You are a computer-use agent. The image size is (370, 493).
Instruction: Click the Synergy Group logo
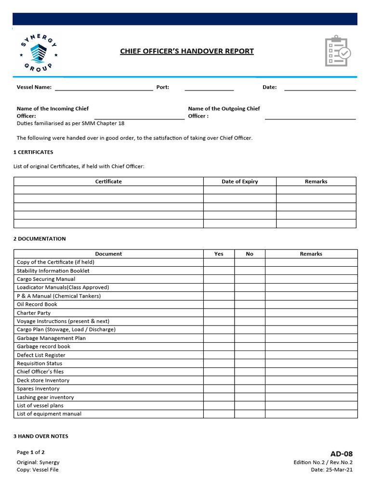38,52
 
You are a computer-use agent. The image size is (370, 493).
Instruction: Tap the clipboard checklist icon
338,51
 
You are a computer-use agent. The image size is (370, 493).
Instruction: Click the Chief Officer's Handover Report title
186,51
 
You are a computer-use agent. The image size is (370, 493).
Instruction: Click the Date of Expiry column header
239,182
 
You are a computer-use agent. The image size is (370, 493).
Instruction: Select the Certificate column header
108,182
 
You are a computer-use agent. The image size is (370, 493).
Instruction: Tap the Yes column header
219,254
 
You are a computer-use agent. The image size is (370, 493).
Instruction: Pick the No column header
249,254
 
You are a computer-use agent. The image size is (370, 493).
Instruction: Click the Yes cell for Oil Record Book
219,304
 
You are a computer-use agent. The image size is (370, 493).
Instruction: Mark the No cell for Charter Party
249,313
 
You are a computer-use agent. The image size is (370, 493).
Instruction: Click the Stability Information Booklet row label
53,271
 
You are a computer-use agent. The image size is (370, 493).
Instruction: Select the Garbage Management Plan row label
51,338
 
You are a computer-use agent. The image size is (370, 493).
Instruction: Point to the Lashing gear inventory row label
45,397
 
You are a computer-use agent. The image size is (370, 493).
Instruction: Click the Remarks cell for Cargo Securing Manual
311,279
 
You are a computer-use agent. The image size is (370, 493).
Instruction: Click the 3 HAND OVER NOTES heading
40,436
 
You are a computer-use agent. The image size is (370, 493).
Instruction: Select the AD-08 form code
341,454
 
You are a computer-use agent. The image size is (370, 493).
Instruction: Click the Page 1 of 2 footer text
31,452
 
